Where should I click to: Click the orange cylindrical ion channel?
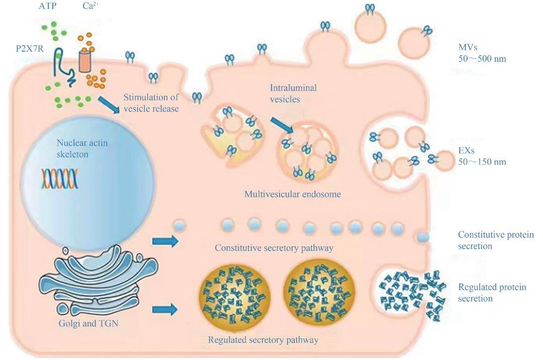[86, 60]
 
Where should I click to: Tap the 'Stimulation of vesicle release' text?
[151, 103]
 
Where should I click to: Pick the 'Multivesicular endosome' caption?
[293, 194]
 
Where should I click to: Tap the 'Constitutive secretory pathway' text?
[274, 248]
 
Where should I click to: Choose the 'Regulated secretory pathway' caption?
[263, 340]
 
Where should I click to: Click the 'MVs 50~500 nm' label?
[482, 53]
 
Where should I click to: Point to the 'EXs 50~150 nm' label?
[482, 156]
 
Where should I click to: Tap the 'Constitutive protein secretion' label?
[495, 240]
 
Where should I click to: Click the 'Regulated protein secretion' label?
[492, 293]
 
